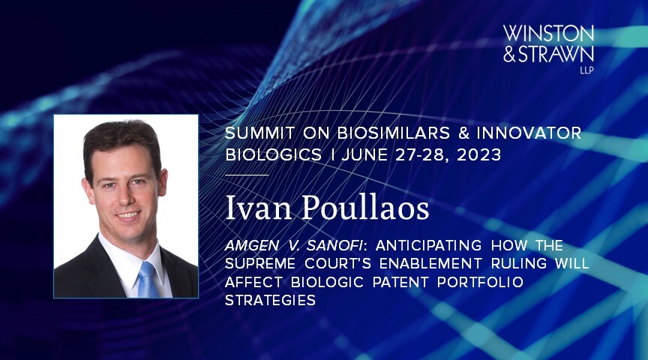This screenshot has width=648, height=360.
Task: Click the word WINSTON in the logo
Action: coord(548,34)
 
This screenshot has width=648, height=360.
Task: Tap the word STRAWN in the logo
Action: coord(556,54)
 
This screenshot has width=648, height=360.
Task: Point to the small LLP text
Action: coord(586,70)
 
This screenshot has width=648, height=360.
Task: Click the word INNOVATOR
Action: coord(529,133)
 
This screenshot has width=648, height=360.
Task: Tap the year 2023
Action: coord(479,155)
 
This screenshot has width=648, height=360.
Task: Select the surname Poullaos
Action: coord(366,208)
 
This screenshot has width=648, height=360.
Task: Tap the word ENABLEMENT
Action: coord(430,264)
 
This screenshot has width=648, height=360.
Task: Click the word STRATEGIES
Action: coord(270,300)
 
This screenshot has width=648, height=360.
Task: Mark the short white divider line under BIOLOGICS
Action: coord(247,175)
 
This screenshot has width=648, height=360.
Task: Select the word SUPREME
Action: coord(260,264)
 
